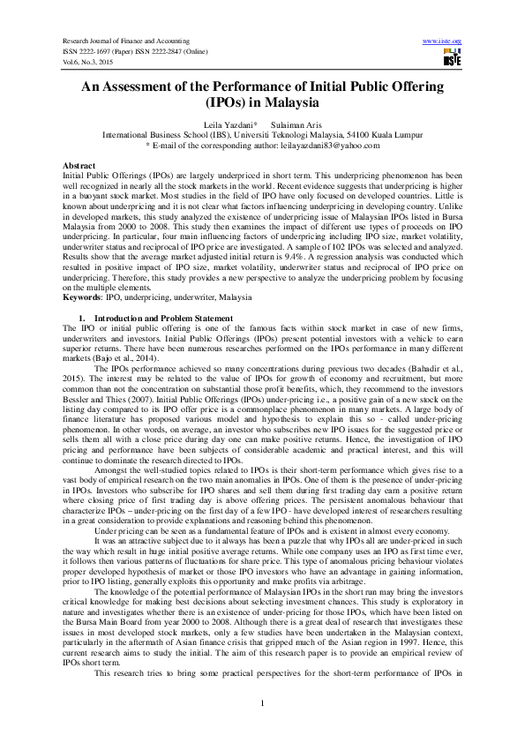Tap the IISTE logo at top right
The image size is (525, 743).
click(x=453, y=58)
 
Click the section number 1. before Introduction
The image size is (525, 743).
click(x=82, y=317)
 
